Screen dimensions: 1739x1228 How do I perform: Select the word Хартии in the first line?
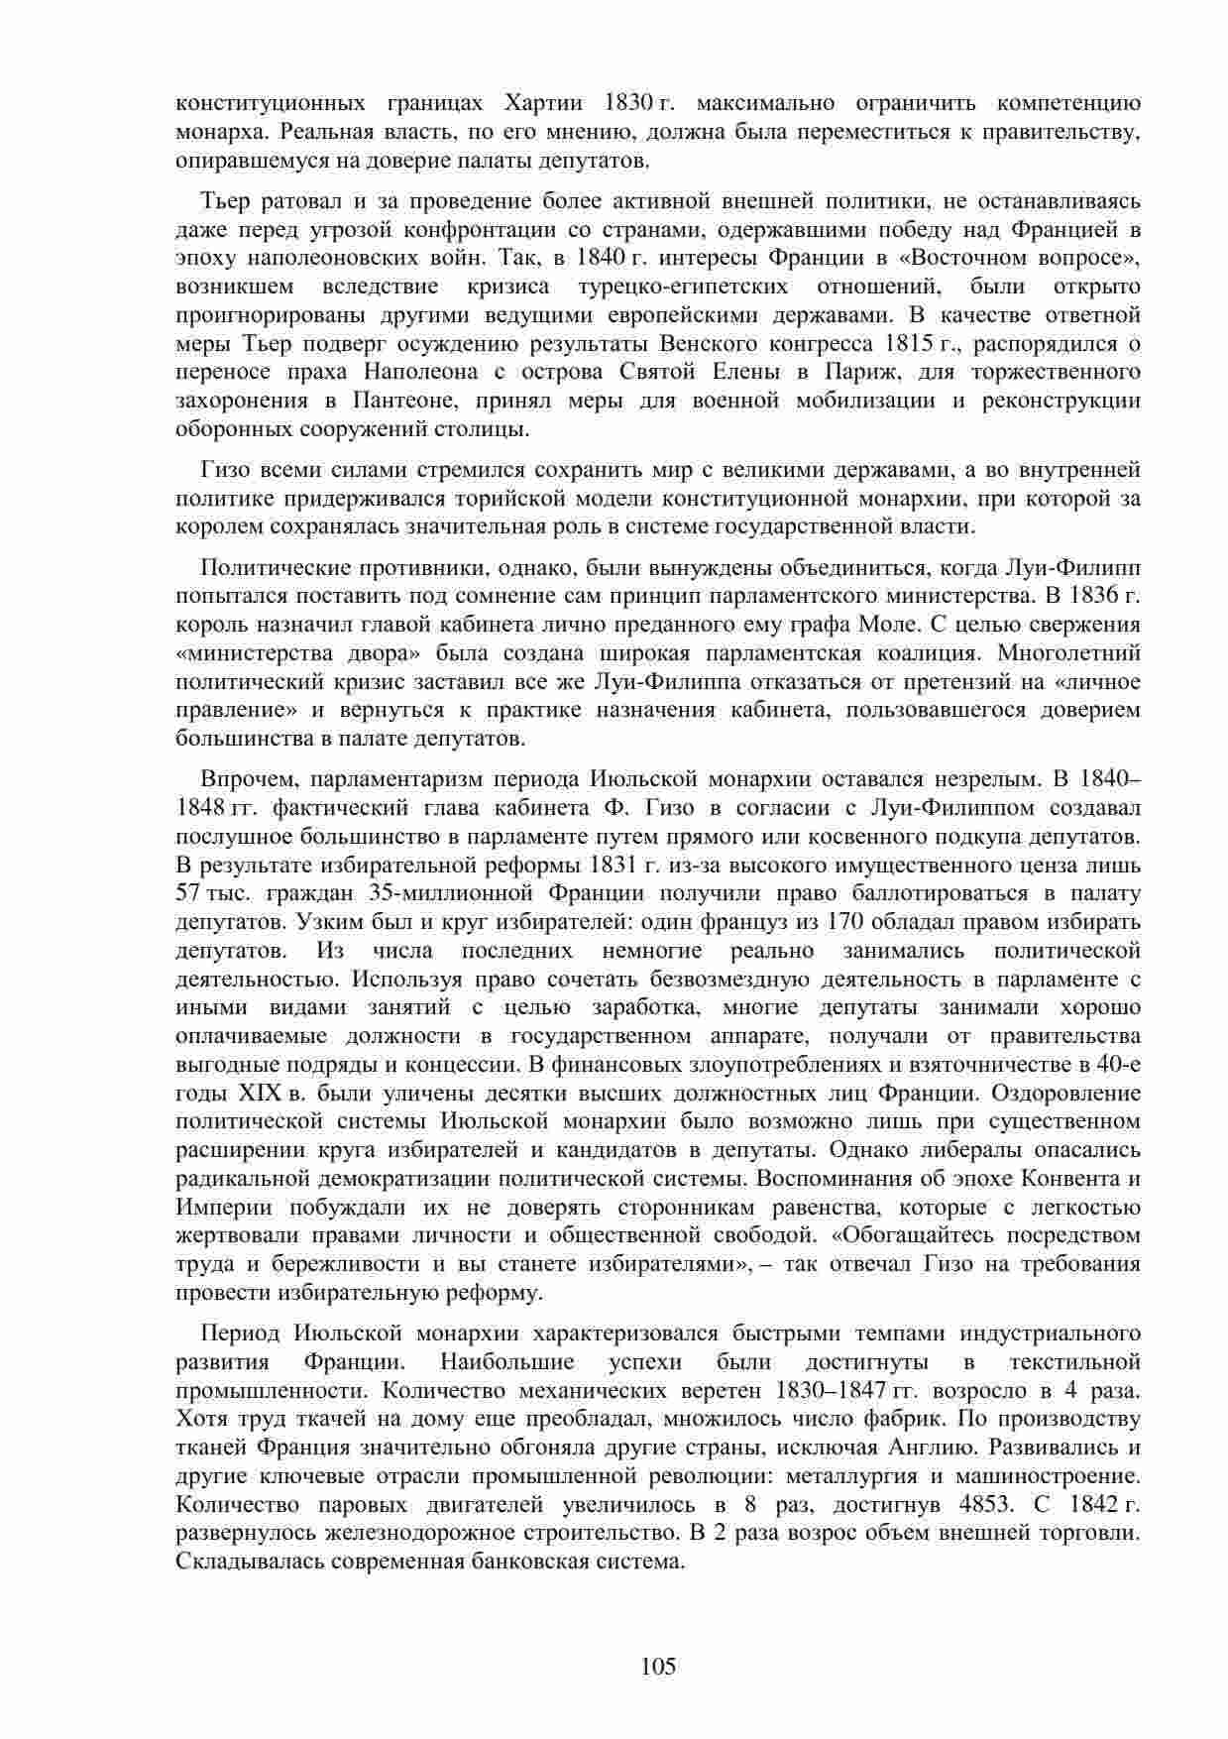tap(542, 103)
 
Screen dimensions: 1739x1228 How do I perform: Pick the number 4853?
tap(986, 1504)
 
